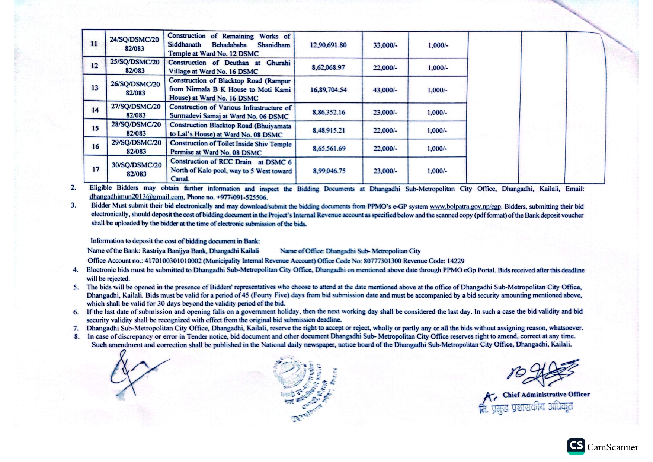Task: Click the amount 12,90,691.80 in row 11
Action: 328,45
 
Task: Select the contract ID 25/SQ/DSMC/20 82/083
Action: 135,66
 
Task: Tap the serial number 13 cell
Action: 95,88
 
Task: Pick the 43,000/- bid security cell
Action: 385,90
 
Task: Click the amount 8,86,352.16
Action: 329,112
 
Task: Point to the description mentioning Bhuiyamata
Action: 230,130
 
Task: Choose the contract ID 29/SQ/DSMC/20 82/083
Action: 136,147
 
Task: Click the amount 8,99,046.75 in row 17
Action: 329,171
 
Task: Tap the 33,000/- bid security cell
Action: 385,45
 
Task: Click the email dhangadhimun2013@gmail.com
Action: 136,197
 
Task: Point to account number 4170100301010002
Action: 173,261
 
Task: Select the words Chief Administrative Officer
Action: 546,395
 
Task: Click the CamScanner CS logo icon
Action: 576,446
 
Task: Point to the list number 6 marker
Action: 76,312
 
